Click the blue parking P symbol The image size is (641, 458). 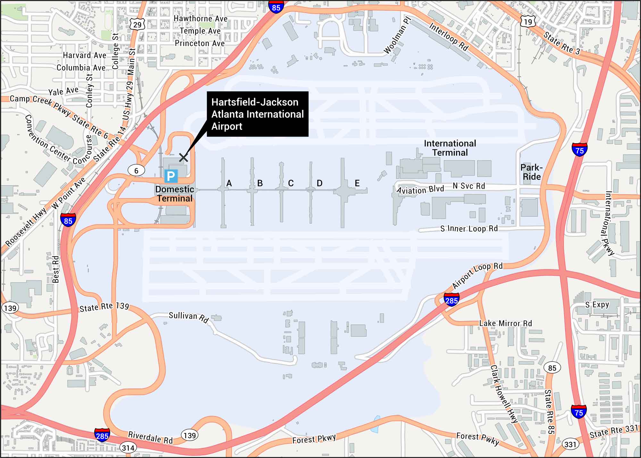[171, 176]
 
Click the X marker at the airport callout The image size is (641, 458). [183, 158]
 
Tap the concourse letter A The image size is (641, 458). [229, 183]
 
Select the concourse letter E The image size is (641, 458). [357, 183]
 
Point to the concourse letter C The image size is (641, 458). [291, 183]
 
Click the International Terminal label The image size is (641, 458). [450, 148]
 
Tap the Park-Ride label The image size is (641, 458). [531, 172]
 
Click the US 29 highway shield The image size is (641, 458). [137, 25]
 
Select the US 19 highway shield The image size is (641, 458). [528, 22]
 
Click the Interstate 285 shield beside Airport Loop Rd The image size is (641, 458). [451, 300]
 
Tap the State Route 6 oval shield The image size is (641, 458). [136, 171]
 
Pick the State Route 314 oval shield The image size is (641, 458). [128, 448]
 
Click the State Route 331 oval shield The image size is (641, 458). [570, 444]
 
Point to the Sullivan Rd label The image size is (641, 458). [188, 317]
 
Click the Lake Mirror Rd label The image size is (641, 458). [505, 323]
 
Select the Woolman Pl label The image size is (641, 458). [397, 36]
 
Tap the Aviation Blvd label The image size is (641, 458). [420, 190]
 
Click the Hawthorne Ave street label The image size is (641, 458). [200, 19]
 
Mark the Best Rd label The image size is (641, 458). [56, 269]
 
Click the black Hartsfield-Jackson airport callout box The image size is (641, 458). [257, 114]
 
